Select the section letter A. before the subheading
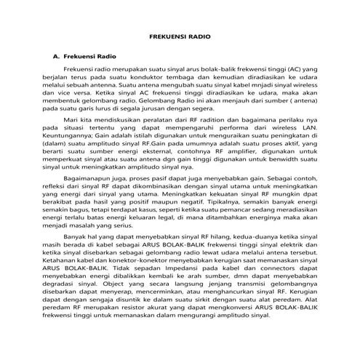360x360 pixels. [54, 55]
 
